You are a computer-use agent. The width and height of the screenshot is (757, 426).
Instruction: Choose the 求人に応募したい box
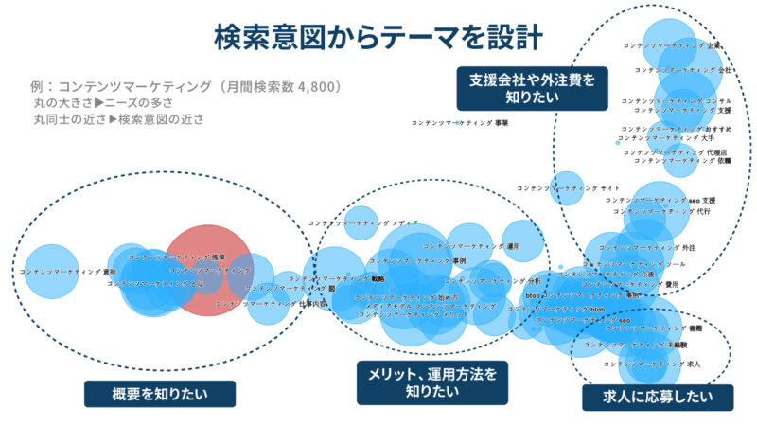(x=646, y=396)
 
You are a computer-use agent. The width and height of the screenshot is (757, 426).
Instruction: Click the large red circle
(x=210, y=270)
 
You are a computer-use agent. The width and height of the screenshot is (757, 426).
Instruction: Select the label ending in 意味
(x=68, y=272)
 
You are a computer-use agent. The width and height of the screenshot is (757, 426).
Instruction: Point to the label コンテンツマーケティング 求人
(x=652, y=364)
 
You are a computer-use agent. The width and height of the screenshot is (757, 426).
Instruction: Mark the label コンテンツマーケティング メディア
(x=363, y=222)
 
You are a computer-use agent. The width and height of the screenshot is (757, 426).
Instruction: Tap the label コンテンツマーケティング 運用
(x=473, y=245)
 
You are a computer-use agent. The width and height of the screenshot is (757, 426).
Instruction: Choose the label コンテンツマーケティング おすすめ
(x=676, y=128)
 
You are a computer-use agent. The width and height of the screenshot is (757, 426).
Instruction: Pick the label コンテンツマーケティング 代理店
(x=675, y=151)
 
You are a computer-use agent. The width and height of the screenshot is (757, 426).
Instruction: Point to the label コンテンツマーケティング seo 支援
(x=660, y=201)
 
